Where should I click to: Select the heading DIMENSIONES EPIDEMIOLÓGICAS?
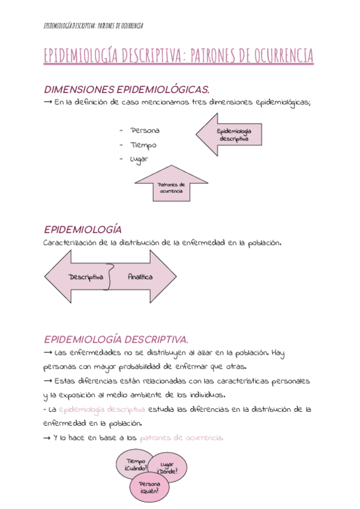point(127,89)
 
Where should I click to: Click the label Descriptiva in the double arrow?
point(86,277)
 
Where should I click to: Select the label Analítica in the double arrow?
point(140,277)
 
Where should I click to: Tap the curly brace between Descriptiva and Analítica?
point(109,277)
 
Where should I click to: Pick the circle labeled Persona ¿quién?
point(149,487)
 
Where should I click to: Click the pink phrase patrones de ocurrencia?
point(181,438)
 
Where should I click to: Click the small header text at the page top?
point(94,25)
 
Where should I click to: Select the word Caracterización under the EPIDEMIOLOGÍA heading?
point(67,243)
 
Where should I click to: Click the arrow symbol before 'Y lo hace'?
point(47,438)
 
